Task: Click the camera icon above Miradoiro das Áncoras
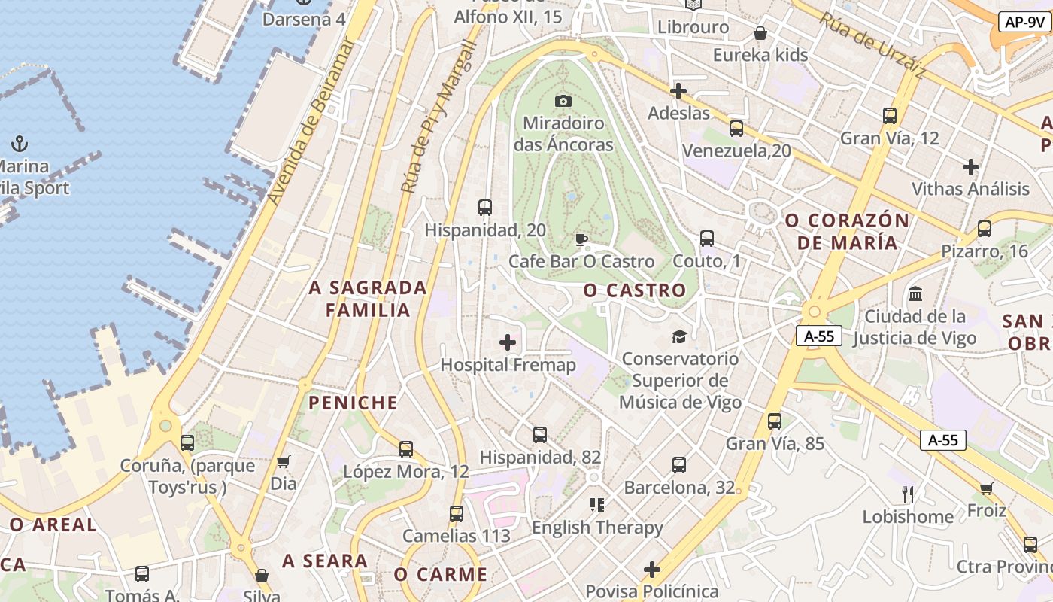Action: (563, 101)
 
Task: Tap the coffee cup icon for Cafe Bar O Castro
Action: (581, 240)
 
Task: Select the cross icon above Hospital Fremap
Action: (508, 343)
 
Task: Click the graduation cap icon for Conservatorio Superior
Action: (679, 336)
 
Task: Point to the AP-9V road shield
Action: (1024, 22)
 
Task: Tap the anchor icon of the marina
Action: (20, 143)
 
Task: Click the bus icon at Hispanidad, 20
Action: (485, 208)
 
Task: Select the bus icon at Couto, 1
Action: (706, 239)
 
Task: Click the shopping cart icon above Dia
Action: (284, 461)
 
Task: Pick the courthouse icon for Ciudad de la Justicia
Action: (915, 293)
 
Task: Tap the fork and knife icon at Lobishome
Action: (908, 494)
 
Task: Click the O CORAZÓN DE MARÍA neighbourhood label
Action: (847, 232)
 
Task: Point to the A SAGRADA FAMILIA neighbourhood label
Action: (368, 299)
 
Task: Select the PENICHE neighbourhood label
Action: (353, 403)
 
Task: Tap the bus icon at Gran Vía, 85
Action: (775, 421)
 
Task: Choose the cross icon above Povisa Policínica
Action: (651, 570)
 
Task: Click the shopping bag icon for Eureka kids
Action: (760, 33)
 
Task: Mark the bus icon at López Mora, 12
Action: (406, 449)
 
